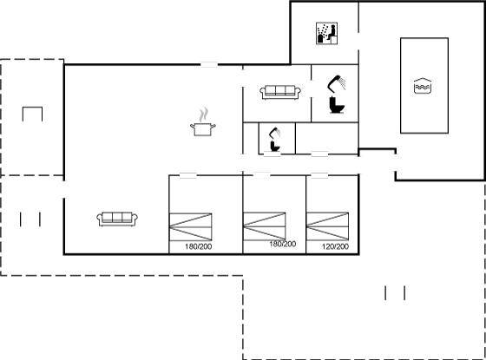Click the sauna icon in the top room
(x=326, y=33)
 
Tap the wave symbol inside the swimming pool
(x=423, y=86)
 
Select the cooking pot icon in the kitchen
(x=203, y=128)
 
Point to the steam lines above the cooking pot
(x=203, y=115)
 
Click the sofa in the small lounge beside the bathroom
(x=280, y=92)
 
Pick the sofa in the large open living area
(x=117, y=219)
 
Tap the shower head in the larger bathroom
(x=337, y=83)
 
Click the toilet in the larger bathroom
(x=337, y=105)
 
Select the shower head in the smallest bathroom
(x=275, y=134)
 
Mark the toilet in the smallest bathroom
(x=275, y=146)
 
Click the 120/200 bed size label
(x=335, y=246)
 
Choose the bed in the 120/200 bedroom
(x=328, y=226)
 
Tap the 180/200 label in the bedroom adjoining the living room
(x=199, y=246)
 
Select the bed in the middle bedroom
(x=265, y=226)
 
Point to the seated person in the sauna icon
(x=332, y=33)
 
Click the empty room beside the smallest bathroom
(x=327, y=138)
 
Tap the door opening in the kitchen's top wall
(x=209, y=64)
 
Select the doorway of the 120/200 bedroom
(x=319, y=175)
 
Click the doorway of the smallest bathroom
(x=273, y=154)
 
